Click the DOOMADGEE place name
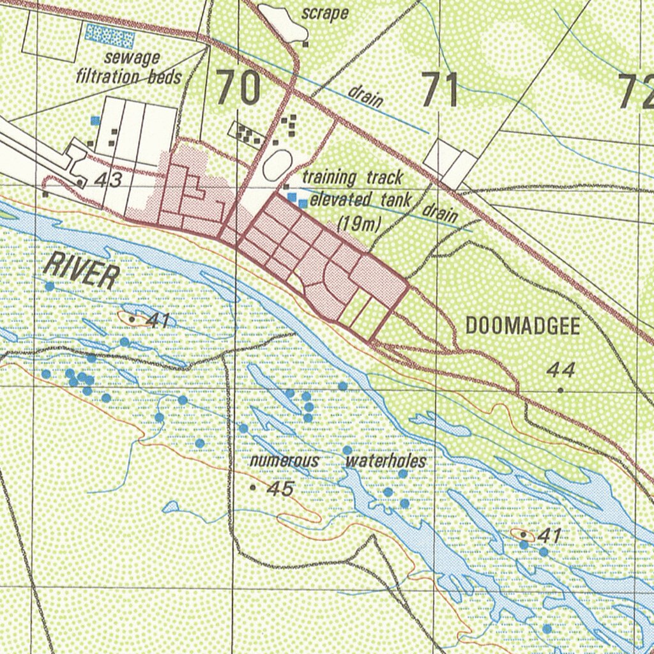pos(522,326)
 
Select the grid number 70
pos(238,89)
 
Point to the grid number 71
pos(440,90)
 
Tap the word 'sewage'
pos(132,58)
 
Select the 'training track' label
pos(353,177)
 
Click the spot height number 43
pos(107,181)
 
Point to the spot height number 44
pos(561,370)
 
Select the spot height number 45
pos(280,489)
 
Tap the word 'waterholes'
pos(385,460)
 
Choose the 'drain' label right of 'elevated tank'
pos(441,213)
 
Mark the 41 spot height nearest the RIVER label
pos(156,320)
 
